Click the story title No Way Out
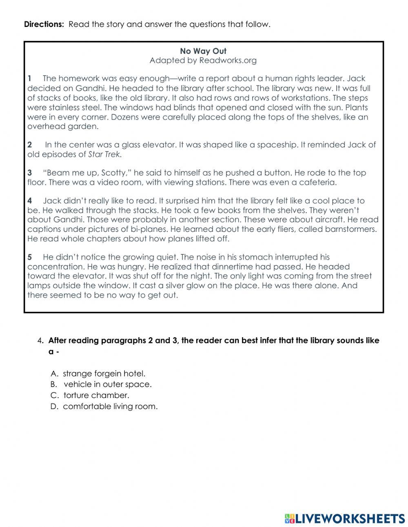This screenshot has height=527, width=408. [203, 51]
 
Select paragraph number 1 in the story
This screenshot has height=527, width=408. [30, 78]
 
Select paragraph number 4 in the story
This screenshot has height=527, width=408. [30, 201]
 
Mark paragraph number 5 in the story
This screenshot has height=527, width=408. [30, 257]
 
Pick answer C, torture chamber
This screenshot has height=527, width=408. [96, 396]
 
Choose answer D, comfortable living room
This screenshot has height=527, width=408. [110, 407]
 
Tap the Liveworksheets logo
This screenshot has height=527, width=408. [344, 518]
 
